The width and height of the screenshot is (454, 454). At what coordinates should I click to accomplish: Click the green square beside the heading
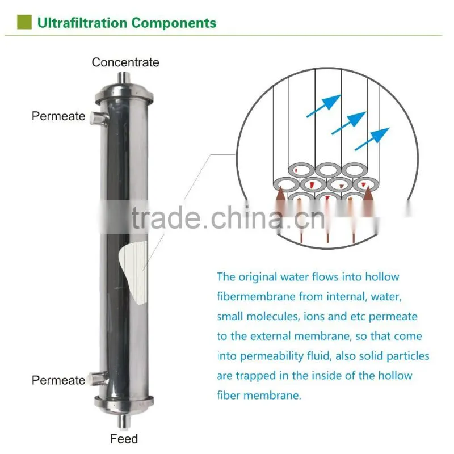(24, 22)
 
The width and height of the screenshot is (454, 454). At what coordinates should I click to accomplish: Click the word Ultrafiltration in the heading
(82, 23)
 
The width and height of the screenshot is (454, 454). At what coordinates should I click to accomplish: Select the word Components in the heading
(174, 23)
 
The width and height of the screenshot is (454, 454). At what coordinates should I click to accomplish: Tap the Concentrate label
(125, 62)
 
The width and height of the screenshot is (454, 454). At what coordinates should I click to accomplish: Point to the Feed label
(124, 439)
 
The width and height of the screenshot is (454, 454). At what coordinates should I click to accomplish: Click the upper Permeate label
(58, 116)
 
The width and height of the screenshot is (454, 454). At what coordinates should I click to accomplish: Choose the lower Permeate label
(58, 380)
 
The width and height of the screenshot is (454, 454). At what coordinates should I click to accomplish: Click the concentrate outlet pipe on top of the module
(124, 78)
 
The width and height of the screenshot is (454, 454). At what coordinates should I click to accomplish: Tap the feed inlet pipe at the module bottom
(124, 421)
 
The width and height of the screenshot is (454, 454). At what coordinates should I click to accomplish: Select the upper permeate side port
(98, 118)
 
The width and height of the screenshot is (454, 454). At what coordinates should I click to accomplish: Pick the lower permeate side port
(98, 379)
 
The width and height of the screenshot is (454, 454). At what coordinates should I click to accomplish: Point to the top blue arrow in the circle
(323, 106)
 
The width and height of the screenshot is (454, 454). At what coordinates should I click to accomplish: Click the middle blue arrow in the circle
(348, 123)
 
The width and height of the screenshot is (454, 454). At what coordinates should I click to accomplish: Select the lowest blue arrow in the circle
(372, 139)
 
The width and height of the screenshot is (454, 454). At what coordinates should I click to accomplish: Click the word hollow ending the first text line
(382, 277)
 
